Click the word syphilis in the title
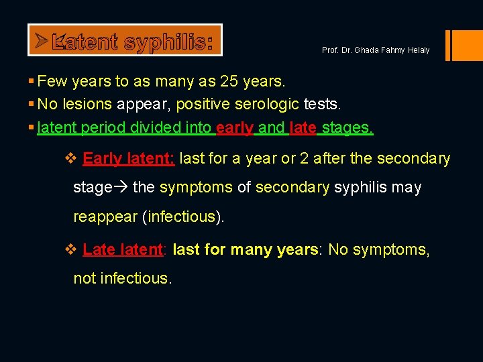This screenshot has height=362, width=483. [x=168, y=42]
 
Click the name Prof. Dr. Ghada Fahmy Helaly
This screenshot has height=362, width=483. [x=376, y=51]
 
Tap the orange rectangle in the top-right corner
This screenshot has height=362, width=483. [x=465, y=45]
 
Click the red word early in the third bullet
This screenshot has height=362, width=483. [x=234, y=127]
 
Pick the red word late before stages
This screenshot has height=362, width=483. [x=303, y=127]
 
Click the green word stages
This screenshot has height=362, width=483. [x=346, y=127]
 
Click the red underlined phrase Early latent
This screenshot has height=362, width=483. [x=128, y=159]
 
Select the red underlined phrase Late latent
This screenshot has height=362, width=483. [x=123, y=250]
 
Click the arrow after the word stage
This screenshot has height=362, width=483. [x=121, y=188]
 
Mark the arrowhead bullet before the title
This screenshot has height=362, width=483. [x=42, y=41]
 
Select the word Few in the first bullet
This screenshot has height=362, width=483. [x=51, y=82]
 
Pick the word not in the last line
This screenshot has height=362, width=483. [x=85, y=278]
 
